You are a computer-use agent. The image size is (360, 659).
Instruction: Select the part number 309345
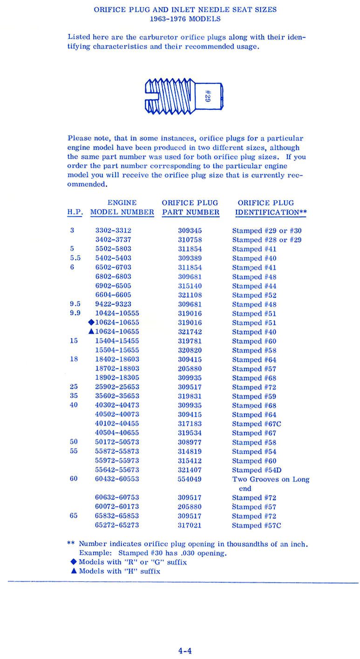[x=190, y=230]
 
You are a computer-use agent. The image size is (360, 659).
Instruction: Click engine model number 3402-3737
[x=113, y=240]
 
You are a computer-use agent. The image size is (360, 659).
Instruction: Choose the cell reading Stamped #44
[x=254, y=286]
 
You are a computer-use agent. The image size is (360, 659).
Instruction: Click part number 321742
[x=190, y=331]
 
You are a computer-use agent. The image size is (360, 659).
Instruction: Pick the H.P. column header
[x=75, y=212]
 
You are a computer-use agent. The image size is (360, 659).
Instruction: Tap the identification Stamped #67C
[x=257, y=424]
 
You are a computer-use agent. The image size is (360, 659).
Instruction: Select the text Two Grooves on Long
[x=271, y=479]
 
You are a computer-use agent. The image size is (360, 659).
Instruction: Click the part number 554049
[x=190, y=479]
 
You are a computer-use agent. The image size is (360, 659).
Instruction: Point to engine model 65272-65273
[x=117, y=525]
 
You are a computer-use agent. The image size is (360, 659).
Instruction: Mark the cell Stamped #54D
[x=257, y=470]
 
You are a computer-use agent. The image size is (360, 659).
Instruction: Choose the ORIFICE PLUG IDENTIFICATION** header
[x=271, y=208]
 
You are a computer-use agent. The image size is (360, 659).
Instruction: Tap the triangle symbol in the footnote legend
[x=74, y=571]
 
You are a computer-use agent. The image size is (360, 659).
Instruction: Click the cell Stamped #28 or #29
[x=267, y=240]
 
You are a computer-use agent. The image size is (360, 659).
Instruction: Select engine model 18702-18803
[x=117, y=368]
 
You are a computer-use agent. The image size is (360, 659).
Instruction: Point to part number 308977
[x=190, y=442]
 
